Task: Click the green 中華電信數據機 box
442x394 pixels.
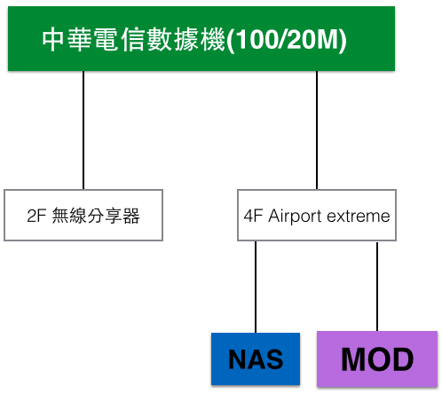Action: tap(201, 39)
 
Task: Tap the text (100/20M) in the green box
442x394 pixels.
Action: tap(287, 40)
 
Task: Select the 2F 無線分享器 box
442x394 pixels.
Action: tap(83, 215)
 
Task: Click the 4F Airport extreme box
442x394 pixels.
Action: tap(317, 215)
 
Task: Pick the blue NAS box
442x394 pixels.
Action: tap(256, 359)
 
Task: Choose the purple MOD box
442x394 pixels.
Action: tap(377, 359)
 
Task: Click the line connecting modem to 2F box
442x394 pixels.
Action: tap(83, 130)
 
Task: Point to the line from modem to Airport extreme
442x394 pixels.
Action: tap(317, 130)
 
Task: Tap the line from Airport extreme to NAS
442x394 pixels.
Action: tap(256, 287)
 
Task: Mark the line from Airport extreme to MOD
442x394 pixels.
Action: tap(377, 287)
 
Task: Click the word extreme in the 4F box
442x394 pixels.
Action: tap(359, 217)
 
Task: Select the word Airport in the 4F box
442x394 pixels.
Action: tap(295, 217)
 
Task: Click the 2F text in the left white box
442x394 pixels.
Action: tap(36, 216)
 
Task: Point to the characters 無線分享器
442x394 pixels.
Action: tap(96, 216)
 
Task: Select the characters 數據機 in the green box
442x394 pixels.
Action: tap(185, 39)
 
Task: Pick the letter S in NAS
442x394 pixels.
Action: tap(274, 359)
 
